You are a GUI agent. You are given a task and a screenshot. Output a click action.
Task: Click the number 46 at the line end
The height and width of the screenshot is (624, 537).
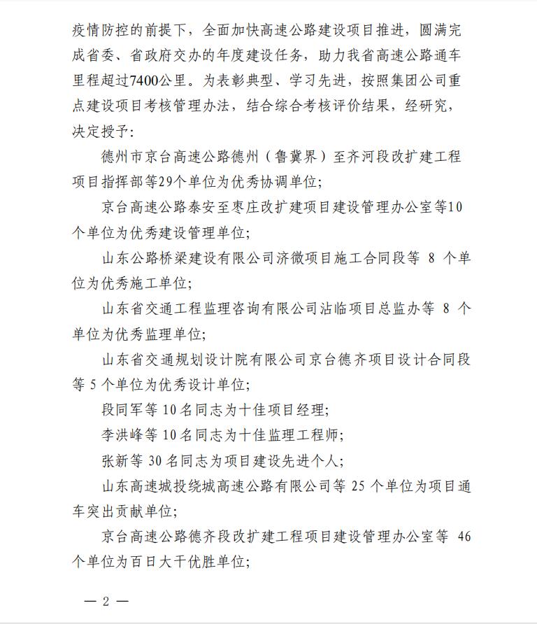tap(463, 537)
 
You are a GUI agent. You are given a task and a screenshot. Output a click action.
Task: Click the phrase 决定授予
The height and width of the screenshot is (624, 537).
tap(98, 130)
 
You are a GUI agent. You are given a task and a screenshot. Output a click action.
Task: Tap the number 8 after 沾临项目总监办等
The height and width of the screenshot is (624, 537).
tap(447, 309)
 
